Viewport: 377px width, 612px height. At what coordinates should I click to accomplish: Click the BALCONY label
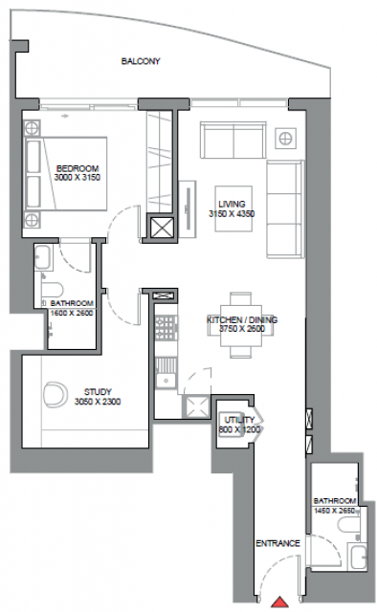pyautogui.click(x=141, y=61)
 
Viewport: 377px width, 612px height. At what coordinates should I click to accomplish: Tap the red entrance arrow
pyautogui.click(x=279, y=602)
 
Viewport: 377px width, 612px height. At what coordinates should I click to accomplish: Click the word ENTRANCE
pyautogui.click(x=277, y=543)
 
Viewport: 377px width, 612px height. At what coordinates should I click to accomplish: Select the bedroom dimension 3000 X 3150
pyautogui.click(x=78, y=178)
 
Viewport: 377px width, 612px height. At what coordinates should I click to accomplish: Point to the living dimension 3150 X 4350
pyautogui.click(x=232, y=214)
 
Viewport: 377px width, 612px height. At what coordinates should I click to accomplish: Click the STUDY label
pyautogui.click(x=98, y=391)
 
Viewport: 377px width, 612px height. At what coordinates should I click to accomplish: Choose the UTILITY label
pyautogui.click(x=239, y=420)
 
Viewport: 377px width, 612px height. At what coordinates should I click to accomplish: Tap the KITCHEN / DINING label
pyautogui.click(x=242, y=319)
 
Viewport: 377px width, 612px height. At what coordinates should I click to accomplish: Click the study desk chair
pyautogui.click(x=55, y=395)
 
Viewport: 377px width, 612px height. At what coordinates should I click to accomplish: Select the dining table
pyautogui.click(x=241, y=325)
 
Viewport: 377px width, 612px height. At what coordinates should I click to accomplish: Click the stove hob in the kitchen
pyautogui.click(x=166, y=328)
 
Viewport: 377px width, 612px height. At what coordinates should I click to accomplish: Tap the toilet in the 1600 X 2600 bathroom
pyautogui.click(x=52, y=290)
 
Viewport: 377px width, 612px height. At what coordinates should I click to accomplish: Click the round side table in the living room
pyautogui.click(x=285, y=138)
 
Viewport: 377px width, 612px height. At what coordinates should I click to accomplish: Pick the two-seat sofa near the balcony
pyautogui.click(x=233, y=141)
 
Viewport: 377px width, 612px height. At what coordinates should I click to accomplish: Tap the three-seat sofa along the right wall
pyautogui.click(x=285, y=208)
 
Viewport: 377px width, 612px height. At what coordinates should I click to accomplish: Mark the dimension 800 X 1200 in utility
pyautogui.click(x=239, y=429)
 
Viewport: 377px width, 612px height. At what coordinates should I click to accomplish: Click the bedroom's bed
pyautogui.click(x=66, y=174)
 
